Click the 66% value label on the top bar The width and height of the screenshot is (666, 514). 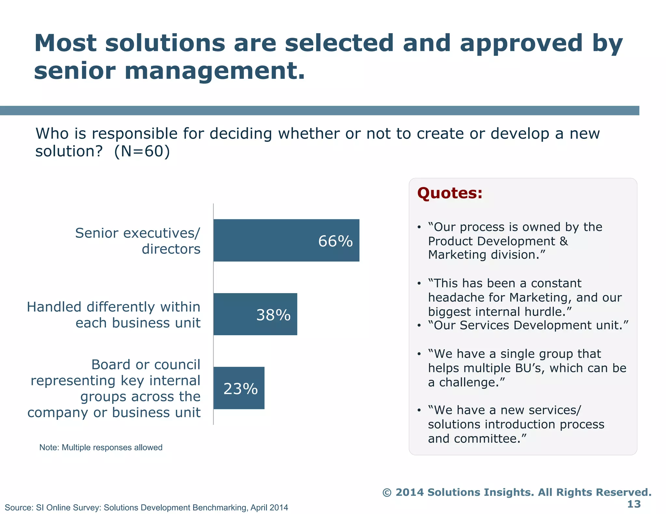[335, 241]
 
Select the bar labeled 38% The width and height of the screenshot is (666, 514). [255, 314]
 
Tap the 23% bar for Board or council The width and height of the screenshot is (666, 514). [239, 388]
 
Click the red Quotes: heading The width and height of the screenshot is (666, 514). [450, 193]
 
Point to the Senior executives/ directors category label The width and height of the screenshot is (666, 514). [138, 241]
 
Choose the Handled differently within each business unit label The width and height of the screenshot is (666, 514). [113, 315]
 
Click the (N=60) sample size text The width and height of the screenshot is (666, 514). [142, 151]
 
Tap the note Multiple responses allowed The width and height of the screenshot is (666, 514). [101, 447]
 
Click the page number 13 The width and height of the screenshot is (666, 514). [633, 504]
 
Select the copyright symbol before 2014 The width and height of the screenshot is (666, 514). [387, 493]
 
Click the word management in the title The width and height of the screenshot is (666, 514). [215, 71]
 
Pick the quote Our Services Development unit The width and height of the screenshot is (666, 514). [528, 325]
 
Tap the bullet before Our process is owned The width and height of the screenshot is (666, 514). [420, 227]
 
